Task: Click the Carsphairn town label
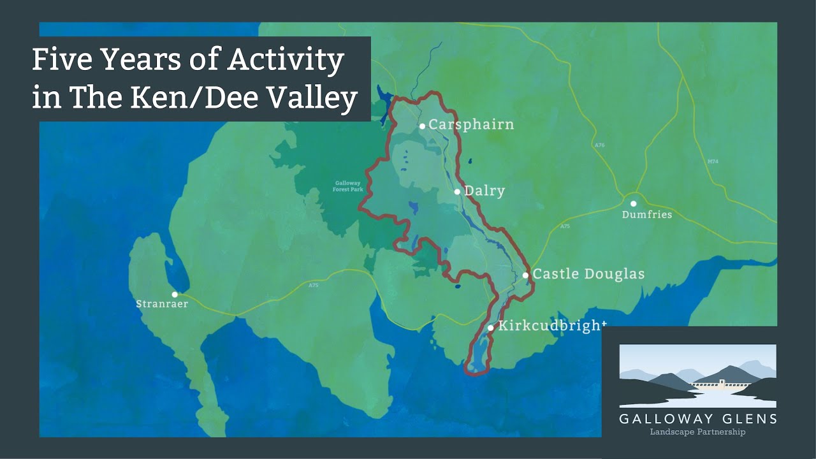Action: [471, 124]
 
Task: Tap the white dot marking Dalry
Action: [457, 191]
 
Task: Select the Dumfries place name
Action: [647, 215]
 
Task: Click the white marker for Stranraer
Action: [175, 295]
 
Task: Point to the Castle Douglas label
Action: [588, 274]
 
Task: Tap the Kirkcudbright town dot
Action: [490, 328]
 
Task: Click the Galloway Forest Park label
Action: [348, 186]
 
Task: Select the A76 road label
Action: [599, 146]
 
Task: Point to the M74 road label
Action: [713, 162]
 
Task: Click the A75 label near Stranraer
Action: [313, 286]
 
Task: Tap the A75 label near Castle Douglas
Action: [564, 227]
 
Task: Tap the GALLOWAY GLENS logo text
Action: [697, 419]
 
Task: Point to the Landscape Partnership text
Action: [697, 432]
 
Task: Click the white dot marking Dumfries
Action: [634, 203]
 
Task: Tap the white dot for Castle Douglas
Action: [525, 275]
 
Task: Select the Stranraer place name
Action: [162, 304]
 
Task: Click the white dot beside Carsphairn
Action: [422, 126]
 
